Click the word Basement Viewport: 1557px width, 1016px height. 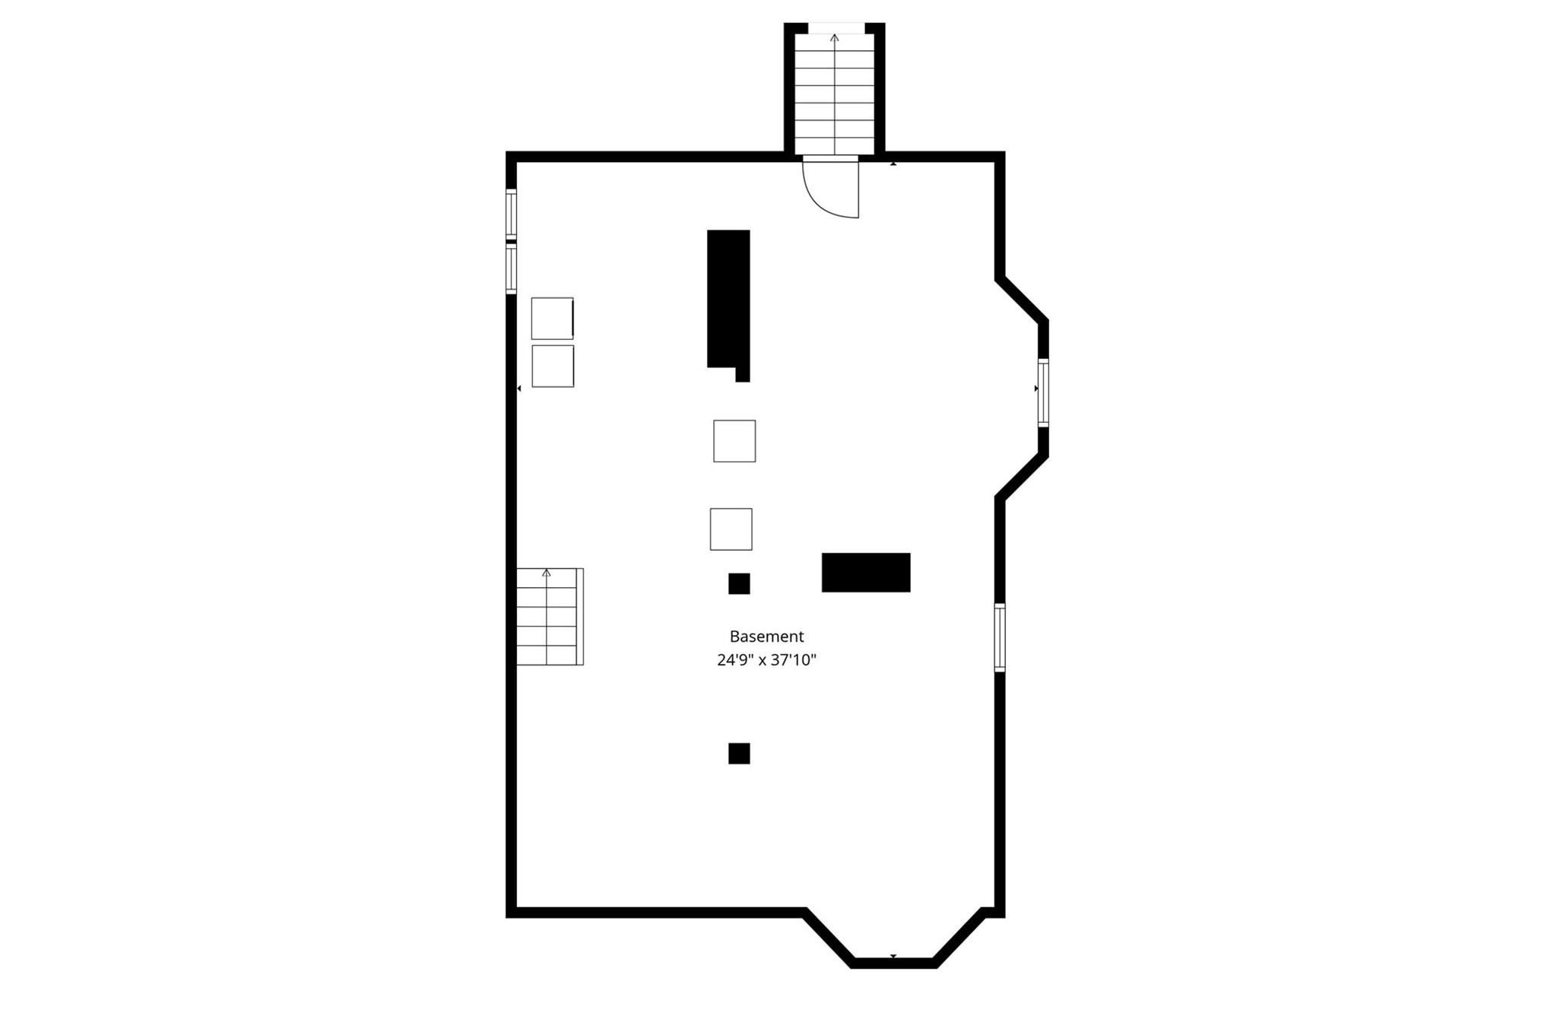766,637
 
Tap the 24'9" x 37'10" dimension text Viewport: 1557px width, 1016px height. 766,660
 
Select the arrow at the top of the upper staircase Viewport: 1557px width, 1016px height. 834,37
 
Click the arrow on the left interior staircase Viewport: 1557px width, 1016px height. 546,573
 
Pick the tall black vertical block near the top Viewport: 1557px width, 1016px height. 728,300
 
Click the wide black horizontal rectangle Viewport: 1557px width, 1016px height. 866,573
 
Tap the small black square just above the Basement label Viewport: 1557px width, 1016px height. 739,583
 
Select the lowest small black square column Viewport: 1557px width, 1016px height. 739,754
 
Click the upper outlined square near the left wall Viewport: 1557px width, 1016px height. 552,319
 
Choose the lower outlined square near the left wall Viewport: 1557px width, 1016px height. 553,367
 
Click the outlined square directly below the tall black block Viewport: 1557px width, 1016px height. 734,441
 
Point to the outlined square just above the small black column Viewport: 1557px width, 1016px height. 731,529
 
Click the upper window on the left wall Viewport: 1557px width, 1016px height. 512,214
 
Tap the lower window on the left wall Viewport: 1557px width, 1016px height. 512,268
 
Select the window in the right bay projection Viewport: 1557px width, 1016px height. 1043,392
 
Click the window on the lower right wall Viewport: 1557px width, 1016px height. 1000,637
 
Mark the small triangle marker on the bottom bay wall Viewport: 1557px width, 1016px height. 893,956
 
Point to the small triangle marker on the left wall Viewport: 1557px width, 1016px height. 519,389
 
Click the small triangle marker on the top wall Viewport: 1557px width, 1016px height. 893,164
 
